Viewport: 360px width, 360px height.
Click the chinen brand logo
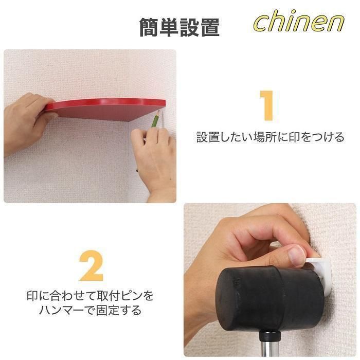(x=299, y=21)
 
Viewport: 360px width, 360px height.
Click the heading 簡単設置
(x=179, y=28)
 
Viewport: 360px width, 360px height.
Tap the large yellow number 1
(x=267, y=105)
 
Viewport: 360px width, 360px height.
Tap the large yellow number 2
(x=91, y=265)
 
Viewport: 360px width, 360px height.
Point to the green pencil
(x=155, y=119)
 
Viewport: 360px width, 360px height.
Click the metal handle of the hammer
(x=270, y=347)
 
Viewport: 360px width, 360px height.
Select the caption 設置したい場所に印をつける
(x=270, y=137)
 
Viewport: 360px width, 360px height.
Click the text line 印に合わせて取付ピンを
(x=90, y=296)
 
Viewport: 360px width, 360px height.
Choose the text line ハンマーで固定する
(x=90, y=310)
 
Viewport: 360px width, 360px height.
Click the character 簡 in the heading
(x=150, y=28)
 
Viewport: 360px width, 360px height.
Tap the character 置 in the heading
(x=210, y=28)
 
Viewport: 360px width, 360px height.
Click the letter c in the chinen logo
(x=262, y=25)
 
